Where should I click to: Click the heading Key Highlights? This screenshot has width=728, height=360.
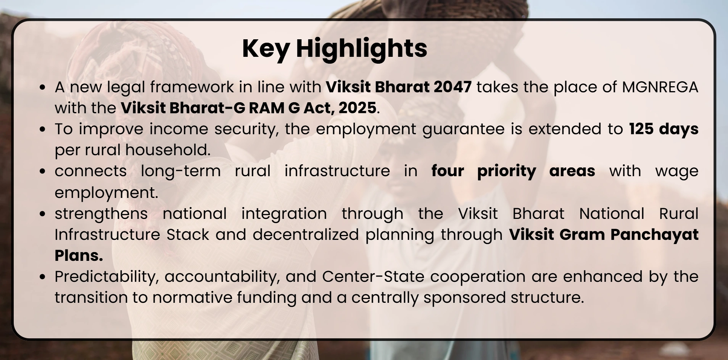point(335,48)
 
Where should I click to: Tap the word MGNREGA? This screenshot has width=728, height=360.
point(660,87)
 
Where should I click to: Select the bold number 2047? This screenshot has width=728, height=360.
point(453,87)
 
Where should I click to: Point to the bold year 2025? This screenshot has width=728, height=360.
point(358,108)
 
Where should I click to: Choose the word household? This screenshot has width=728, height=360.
point(168,150)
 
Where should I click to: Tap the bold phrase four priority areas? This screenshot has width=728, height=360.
point(513,171)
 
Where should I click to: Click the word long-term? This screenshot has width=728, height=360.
point(181,171)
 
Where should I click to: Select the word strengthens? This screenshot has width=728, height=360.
point(101,214)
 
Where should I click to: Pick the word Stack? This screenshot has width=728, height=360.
point(188,234)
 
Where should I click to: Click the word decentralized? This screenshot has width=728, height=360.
point(306,234)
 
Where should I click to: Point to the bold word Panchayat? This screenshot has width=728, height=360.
point(654,235)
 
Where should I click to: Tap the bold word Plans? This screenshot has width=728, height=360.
point(79,256)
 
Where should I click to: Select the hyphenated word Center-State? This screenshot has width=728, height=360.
point(373,276)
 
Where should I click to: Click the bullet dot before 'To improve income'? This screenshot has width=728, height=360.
point(43,129)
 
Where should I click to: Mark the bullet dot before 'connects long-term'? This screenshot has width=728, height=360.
point(43,171)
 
